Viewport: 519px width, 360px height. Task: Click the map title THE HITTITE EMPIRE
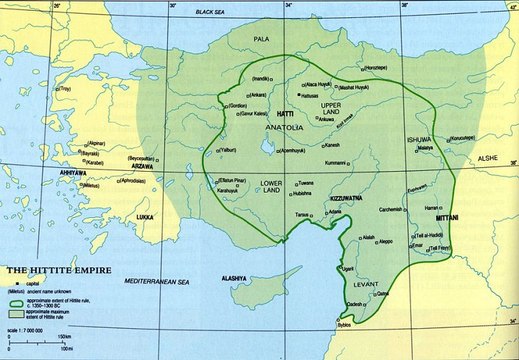59,271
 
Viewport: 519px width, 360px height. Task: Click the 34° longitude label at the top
288,5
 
